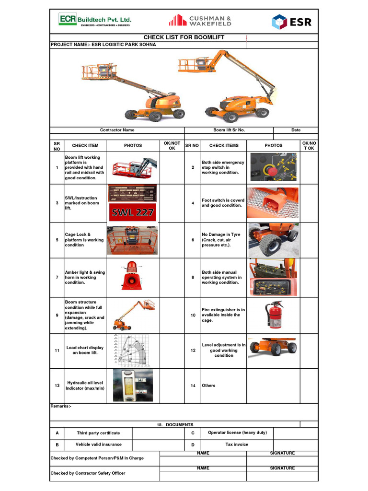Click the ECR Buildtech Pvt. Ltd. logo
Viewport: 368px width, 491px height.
(x=94, y=21)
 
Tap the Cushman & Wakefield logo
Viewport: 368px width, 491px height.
(x=200, y=21)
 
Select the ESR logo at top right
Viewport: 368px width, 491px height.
(x=291, y=22)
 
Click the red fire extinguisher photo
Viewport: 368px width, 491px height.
(x=275, y=315)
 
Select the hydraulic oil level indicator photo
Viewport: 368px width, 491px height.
(x=133, y=385)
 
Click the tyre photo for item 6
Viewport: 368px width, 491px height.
(x=273, y=240)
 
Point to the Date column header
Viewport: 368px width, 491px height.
(x=296, y=130)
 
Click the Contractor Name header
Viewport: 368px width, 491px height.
(x=117, y=130)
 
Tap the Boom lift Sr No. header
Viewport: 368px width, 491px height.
(x=229, y=130)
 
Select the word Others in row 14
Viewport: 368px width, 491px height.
(x=208, y=386)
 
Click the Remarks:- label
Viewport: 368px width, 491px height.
(x=61, y=407)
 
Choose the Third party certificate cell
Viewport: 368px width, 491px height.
(x=98, y=433)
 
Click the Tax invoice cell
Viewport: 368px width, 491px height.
(x=237, y=444)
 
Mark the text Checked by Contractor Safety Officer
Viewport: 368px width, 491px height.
(x=88, y=473)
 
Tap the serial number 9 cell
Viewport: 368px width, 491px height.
(x=57, y=316)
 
